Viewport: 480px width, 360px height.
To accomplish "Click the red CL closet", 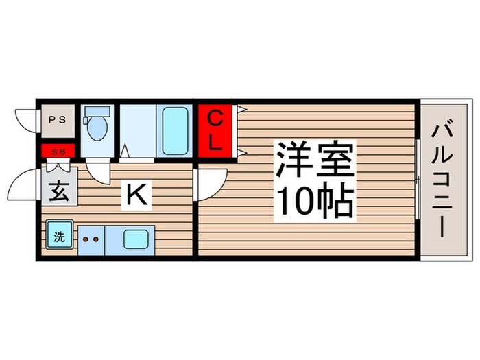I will [x=215, y=131].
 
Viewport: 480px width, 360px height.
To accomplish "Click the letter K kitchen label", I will [x=135, y=196].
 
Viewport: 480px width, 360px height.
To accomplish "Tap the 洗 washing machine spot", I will [x=59, y=238].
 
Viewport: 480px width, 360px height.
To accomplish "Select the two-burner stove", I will [x=91, y=239].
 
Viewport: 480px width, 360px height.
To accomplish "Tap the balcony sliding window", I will [x=418, y=180].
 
